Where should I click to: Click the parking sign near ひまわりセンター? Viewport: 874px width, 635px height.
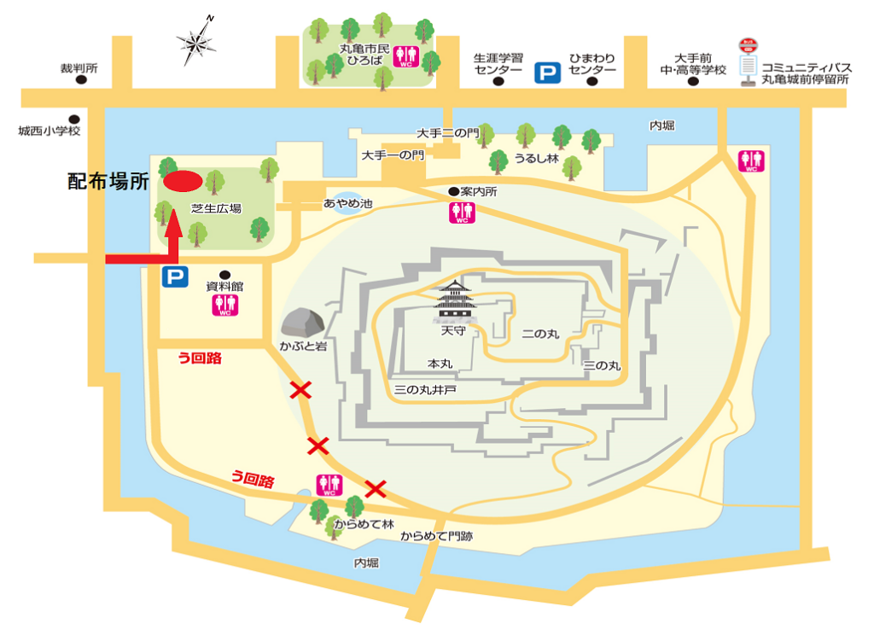(x=546, y=73)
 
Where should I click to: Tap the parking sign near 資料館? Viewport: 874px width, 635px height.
(x=175, y=277)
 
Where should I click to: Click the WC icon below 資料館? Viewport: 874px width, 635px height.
(x=224, y=305)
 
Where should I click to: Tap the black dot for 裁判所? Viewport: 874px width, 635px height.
(x=82, y=80)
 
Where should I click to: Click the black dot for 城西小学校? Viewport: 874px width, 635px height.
(x=74, y=119)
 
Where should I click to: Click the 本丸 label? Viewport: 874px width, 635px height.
(x=440, y=364)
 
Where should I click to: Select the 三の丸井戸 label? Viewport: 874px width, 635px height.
(x=425, y=390)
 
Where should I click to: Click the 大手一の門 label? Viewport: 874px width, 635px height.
(x=392, y=155)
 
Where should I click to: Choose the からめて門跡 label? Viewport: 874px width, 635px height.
(x=436, y=536)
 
